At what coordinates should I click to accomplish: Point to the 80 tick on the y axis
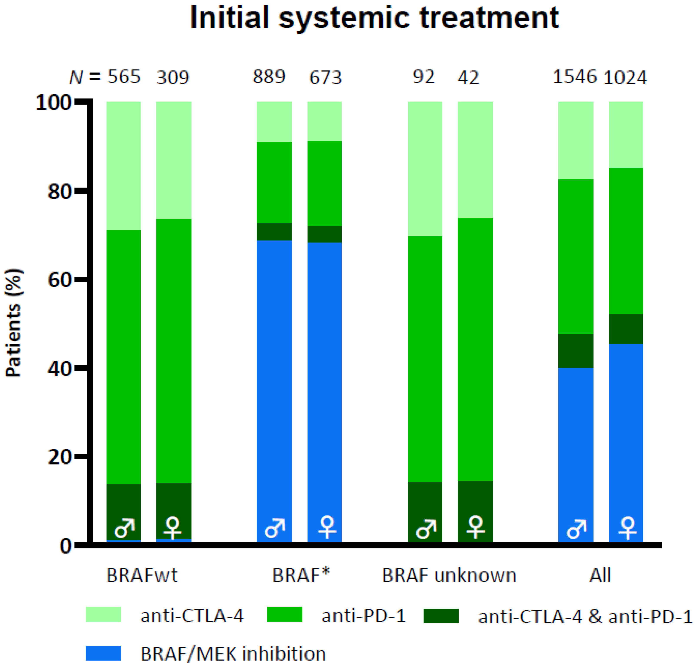[x=58, y=192]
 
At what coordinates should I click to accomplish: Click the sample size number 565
[x=124, y=77]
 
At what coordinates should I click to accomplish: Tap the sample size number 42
[x=468, y=77]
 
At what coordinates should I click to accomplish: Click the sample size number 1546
[x=575, y=77]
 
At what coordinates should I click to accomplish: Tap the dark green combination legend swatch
[x=441, y=616]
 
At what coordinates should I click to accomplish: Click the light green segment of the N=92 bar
[x=425, y=169]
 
